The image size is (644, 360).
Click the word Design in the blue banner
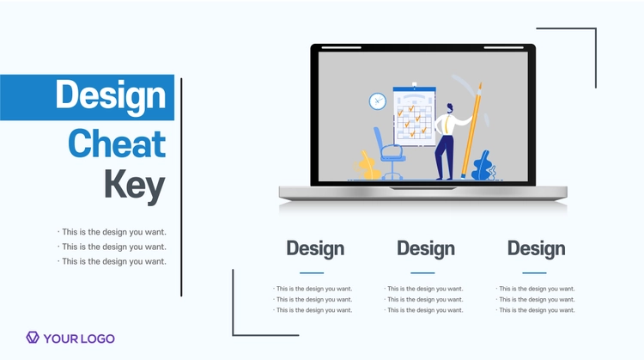(x=111, y=96)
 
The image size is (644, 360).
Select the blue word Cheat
(x=117, y=143)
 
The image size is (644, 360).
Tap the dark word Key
(x=134, y=186)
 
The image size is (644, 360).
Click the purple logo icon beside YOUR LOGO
(x=33, y=338)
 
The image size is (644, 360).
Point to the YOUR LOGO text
(x=79, y=339)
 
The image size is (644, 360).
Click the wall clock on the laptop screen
(x=378, y=101)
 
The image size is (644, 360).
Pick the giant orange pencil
(x=471, y=130)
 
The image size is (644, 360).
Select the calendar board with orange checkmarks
(x=414, y=115)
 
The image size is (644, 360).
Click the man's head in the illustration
(x=450, y=108)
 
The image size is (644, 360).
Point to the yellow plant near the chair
(x=368, y=166)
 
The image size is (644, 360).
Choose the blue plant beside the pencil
(x=483, y=166)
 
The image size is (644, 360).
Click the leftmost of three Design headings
(x=315, y=248)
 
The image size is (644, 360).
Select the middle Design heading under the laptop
(x=426, y=248)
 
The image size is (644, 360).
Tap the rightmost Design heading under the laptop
(x=536, y=248)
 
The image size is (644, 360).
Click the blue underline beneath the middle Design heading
(x=422, y=273)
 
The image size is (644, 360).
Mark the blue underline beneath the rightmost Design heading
(x=534, y=273)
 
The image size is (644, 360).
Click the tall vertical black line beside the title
(x=181, y=187)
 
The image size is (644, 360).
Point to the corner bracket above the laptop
(x=596, y=28)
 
